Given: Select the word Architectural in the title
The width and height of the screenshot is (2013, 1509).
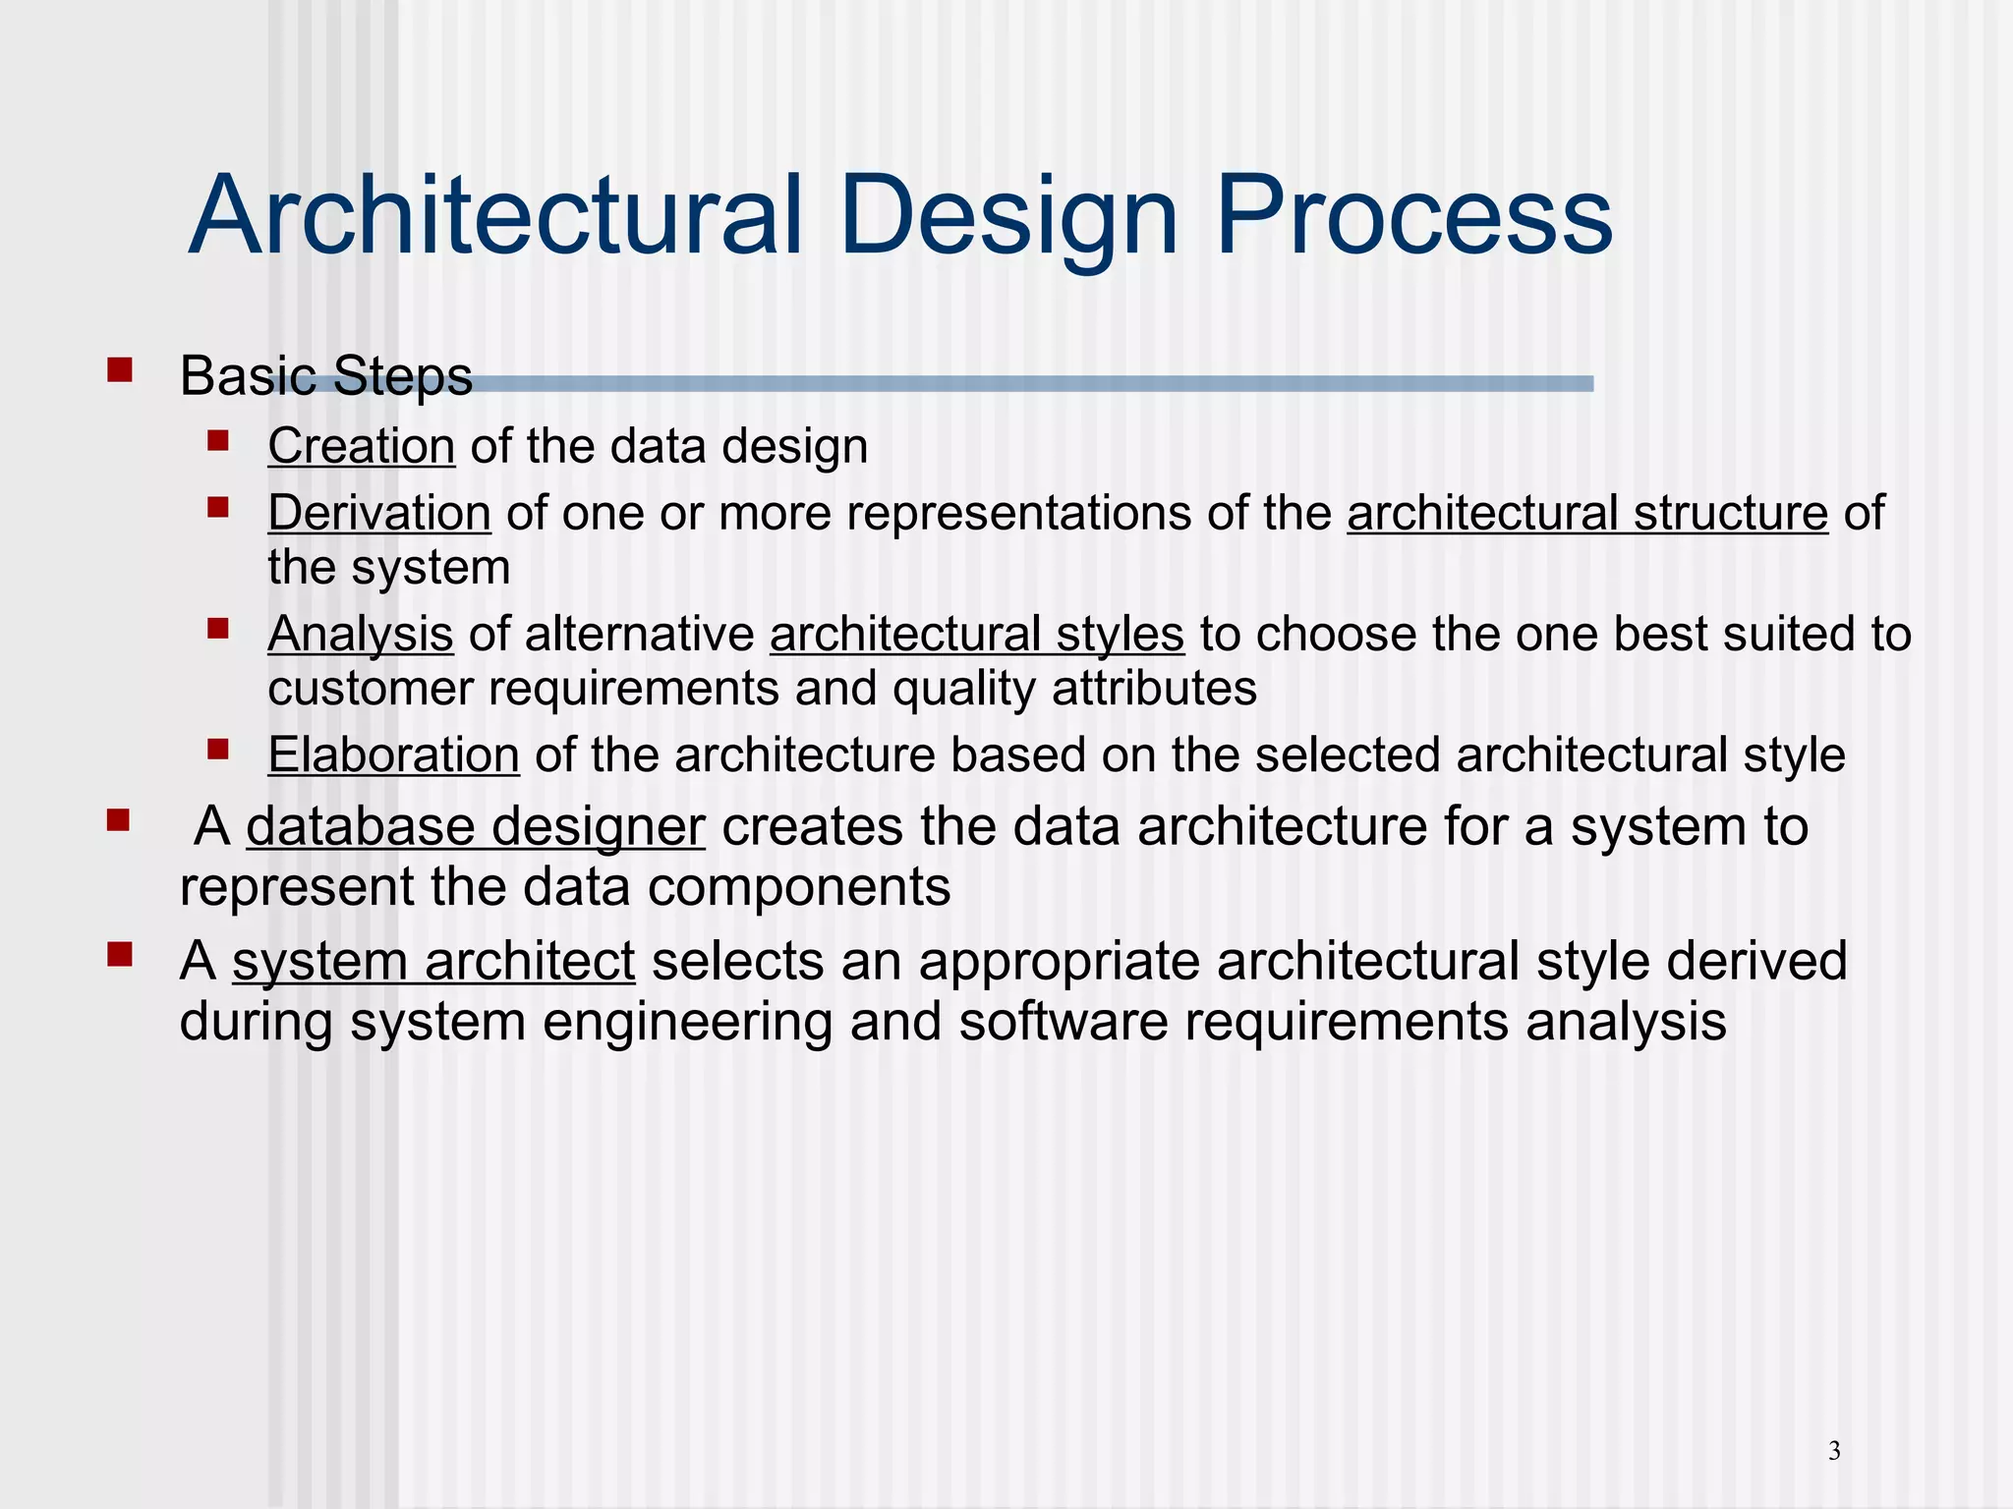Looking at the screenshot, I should pos(496,216).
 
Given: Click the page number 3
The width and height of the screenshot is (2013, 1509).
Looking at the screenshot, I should pos(1834,1450).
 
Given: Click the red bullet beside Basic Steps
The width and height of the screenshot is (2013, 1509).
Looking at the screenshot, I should pos(120,370).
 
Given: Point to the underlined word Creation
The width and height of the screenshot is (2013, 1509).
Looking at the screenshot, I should pos(361,446).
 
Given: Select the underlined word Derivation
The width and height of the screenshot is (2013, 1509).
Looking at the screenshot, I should pos(378,513).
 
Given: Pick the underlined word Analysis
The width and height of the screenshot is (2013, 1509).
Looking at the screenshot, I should pos(360,634).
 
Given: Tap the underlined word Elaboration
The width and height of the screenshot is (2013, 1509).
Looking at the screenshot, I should pos(393,754).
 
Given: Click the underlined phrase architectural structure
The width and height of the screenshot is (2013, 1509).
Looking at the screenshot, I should pos(1586,513).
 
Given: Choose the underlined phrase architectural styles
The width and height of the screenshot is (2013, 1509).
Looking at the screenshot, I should pos(976,634).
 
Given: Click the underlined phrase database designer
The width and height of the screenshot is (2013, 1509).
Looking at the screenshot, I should pos(475,826).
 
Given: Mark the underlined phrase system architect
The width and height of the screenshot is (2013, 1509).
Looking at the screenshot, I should pos(433,961).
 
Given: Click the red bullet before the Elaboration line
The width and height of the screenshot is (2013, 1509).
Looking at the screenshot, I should pos(218,751).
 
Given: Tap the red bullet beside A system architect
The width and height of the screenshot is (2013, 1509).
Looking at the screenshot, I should pos(120,955).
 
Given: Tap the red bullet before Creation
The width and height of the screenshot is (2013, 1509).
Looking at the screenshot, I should pos(218,440).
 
